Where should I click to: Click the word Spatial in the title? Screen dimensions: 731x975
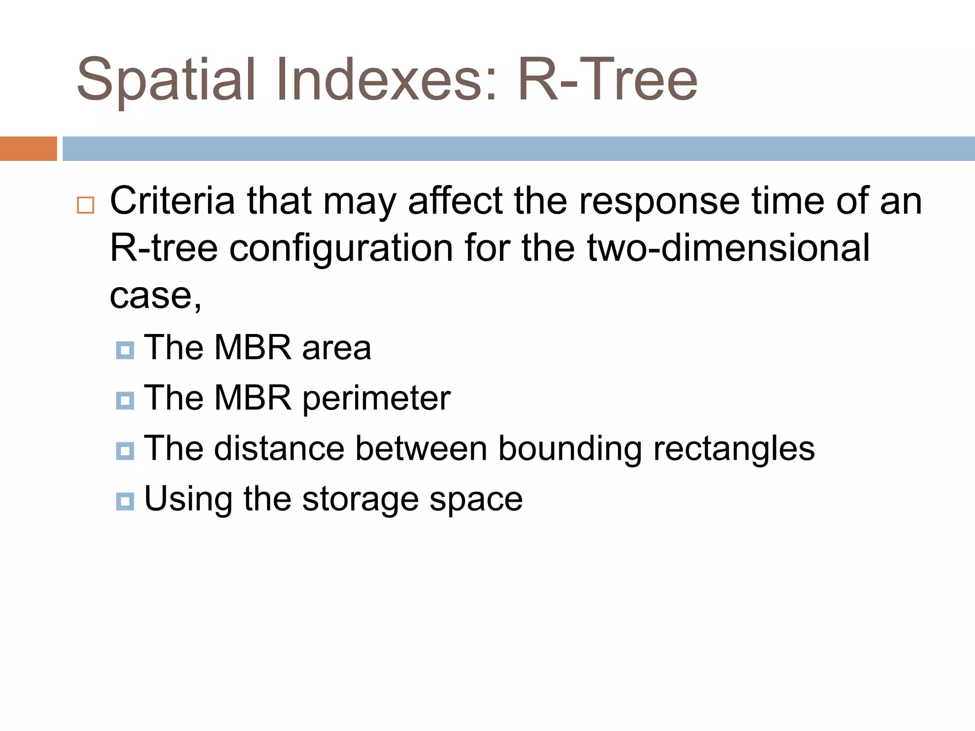click(x=166, y=81)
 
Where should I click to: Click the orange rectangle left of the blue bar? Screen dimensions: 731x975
click(x=28, y=148)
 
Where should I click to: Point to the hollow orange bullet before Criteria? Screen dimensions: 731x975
click(x=86, y=205)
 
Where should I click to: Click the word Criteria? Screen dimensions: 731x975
click(x=172, y=201)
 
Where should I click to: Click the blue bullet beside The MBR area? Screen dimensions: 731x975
click(x=125, y=351)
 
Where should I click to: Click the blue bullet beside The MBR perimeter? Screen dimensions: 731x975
click(x=125, y=401)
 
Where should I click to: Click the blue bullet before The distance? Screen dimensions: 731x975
click(x=125, y=451)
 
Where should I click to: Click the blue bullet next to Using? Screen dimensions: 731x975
click(x=125, y=502)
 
